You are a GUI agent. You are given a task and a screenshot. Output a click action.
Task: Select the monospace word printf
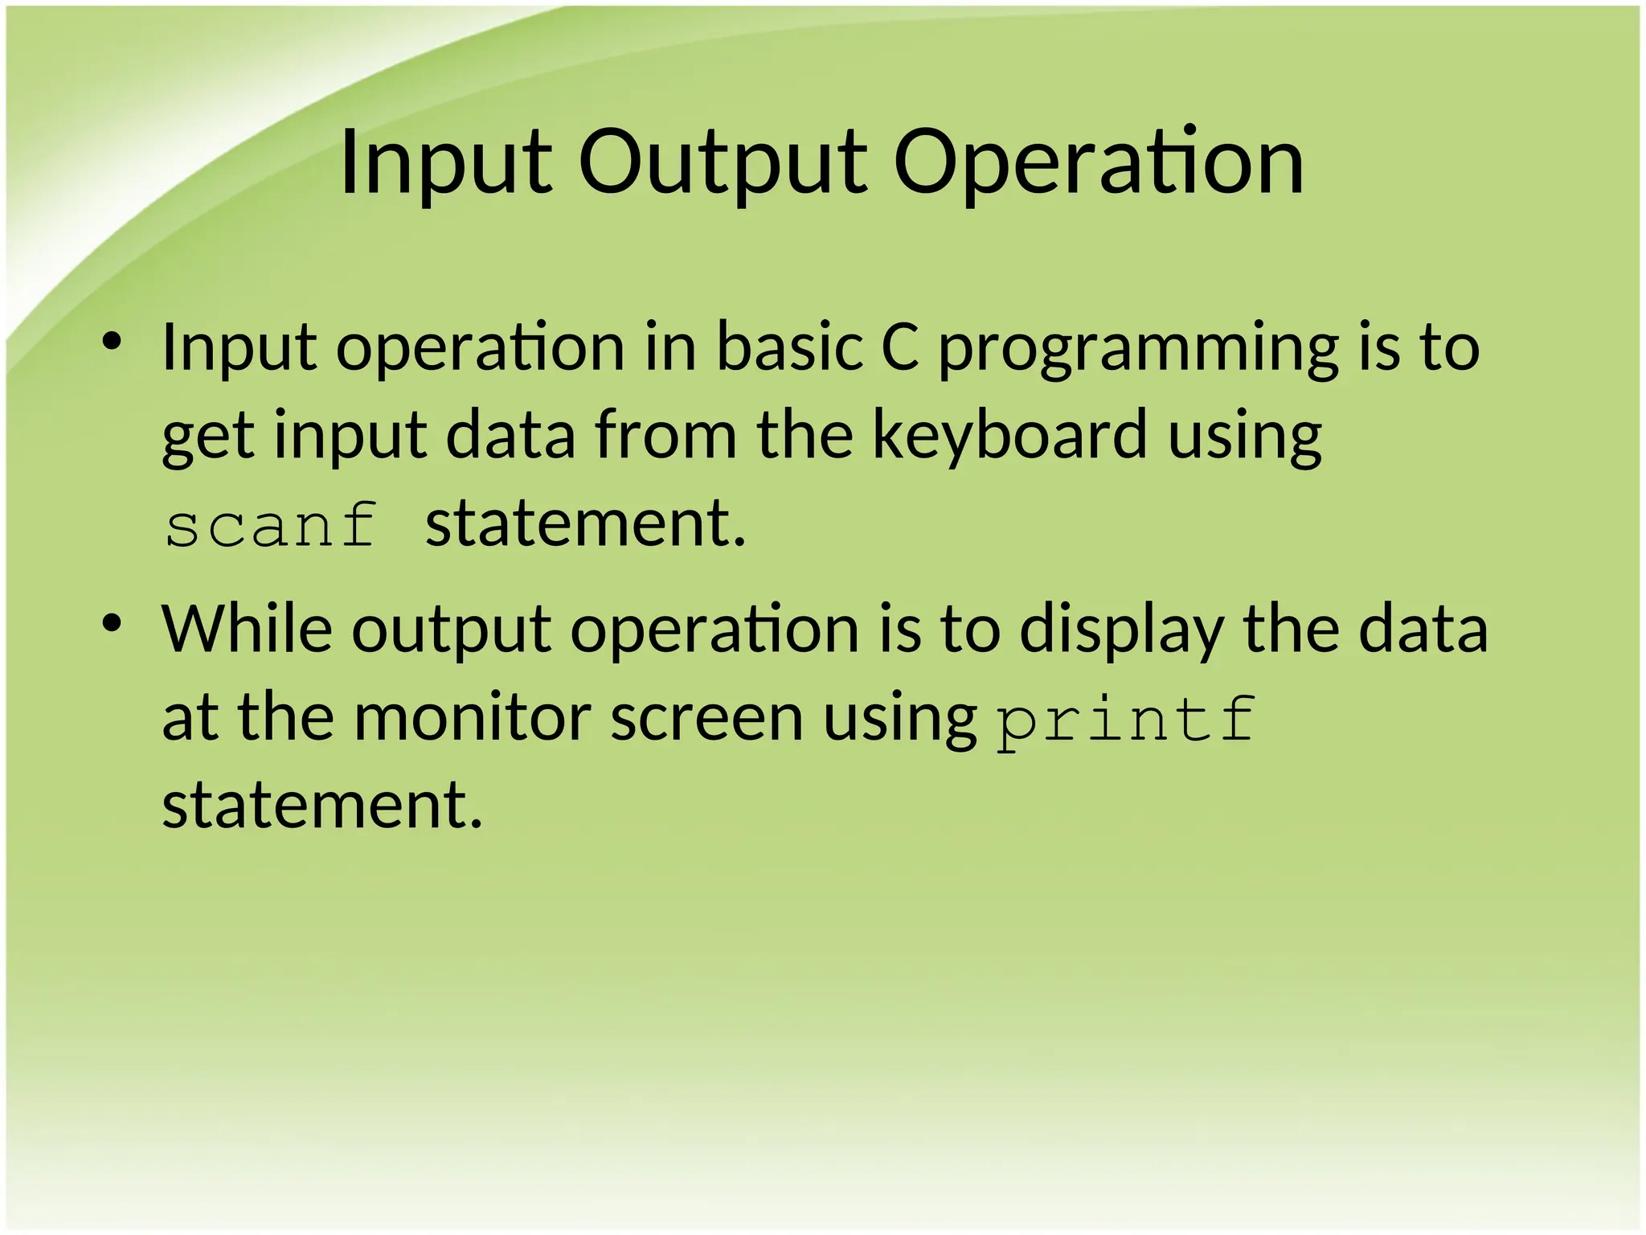[1125, 718]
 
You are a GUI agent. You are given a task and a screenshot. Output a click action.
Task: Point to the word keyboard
[1009, 435]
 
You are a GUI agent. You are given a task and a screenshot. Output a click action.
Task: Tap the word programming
[1138, 347]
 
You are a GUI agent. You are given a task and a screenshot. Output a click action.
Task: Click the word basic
[788, 347]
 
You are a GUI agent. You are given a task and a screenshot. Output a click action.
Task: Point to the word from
[665, 435]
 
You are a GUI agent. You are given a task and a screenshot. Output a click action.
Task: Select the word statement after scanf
[585, 523]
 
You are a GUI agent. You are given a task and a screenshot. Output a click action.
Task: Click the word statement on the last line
[322, 805]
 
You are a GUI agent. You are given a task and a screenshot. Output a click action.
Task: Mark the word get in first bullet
[208, 435]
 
